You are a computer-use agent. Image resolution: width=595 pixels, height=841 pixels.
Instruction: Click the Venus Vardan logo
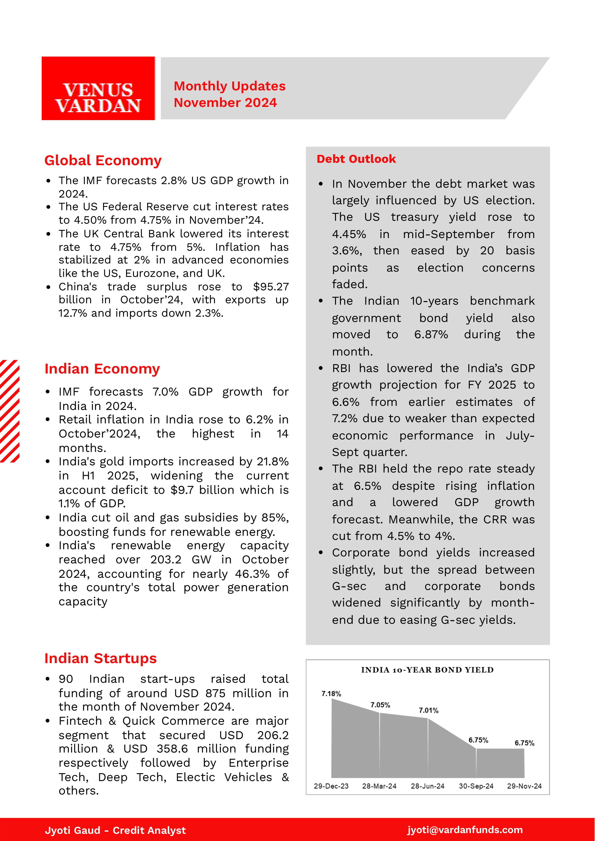pyautogui.click(x=98, y=88)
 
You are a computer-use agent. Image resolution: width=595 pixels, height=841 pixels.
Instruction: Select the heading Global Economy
pyautogui.click(x=103, y=161)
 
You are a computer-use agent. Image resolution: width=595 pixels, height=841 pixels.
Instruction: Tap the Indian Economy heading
pyautogui.click(x=102, y=369)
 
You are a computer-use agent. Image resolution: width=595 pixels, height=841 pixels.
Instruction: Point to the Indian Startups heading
pyautogui.click(x=100, y=659)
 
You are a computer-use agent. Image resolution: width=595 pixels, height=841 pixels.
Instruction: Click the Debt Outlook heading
pyautogui.click(x=356, y=159)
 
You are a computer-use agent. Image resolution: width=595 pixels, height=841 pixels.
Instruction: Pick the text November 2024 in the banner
pyautogui.click(x=225, y=103)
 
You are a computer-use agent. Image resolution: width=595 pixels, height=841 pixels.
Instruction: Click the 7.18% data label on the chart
pyautogui.click(x=331, y=694)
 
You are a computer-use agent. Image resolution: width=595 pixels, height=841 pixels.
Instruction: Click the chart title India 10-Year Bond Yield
pyautogui.click(x=427, y=670)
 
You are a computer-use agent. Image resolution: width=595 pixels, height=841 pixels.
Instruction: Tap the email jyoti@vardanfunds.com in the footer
pyautogui.click(x=465, y=830)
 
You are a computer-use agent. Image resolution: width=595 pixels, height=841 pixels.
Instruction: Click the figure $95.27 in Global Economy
pyautogui.click(x=271, y=286)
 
